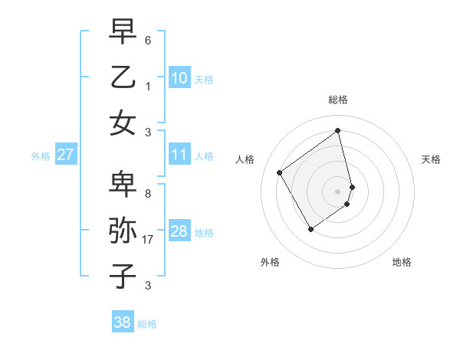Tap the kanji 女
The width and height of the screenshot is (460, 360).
123,123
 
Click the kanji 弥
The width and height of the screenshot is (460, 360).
123,231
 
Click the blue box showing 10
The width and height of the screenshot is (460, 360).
179,78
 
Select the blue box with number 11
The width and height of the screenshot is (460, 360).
179,155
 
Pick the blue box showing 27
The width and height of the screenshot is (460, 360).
66,155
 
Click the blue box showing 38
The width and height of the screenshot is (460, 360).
123,323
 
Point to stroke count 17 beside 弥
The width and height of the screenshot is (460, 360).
149,240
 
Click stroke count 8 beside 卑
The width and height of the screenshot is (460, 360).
147,194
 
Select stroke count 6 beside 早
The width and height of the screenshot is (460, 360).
147,40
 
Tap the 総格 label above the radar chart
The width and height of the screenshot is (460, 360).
338,100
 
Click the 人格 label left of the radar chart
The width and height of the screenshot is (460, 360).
245,159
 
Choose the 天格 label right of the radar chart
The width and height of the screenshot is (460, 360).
431,159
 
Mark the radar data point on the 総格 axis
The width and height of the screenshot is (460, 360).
338,130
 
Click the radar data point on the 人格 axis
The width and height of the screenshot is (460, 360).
280,172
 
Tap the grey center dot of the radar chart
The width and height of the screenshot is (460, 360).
338,191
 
